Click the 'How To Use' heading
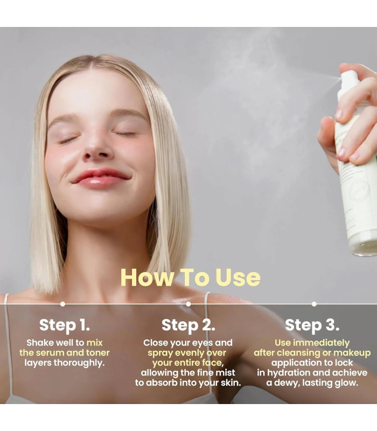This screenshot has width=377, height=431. click(190, 277)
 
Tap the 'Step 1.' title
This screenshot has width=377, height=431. click(64, 325)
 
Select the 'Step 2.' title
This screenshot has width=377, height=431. click(188, 325)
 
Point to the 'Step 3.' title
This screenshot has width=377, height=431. click(312, 325)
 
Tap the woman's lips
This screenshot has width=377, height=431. click(101, 177)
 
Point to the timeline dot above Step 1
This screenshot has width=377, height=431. click(62, 304)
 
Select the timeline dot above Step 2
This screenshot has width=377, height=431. click(188, 304)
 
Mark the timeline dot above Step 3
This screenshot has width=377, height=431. click(314, 304)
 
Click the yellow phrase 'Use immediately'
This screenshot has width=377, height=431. click(312, 343)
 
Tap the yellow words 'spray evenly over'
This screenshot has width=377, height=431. click(187, 353)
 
